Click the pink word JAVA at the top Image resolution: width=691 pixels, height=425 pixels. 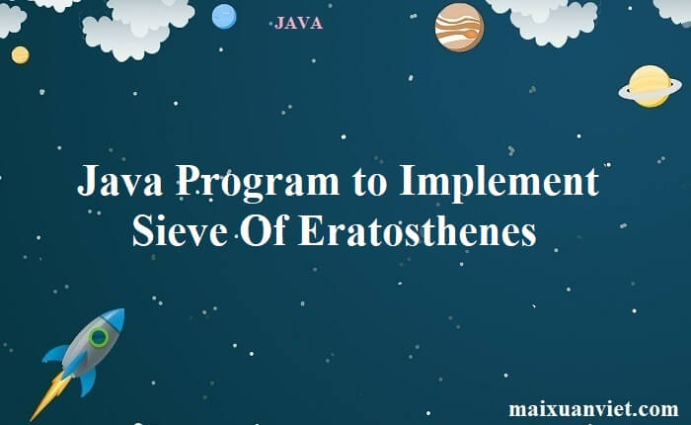pyautogui.click(x=298, y=23)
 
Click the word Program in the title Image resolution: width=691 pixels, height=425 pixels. pyautogui.click(x=258, y=182)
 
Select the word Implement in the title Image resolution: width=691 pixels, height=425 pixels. pyautogui.click(x=499, y=182)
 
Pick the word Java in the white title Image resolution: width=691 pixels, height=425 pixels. pyautogui.click(x=119, y=180)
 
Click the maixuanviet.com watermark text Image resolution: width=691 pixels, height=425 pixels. pyautogui.click(x=593, y=408)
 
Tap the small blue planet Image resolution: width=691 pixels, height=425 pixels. pyautogui.click(x=224, y=17)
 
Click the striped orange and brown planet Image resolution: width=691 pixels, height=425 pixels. pyautogui.click(x=459, y=28)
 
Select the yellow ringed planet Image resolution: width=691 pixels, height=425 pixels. pyautogui.click(x=650, y=86)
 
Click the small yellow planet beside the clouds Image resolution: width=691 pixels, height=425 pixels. pyautogui.click(x=21, y=55)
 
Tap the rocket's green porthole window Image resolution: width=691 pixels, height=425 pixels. pyautogui.click(x=99, y=337)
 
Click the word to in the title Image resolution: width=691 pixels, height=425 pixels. pyautogui.click(x=369, y=184)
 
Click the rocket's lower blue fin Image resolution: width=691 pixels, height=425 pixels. pyautogui.click(x=88, y=382)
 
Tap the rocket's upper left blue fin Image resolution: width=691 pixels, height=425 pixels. pyautogui.click(x=56, y=353)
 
